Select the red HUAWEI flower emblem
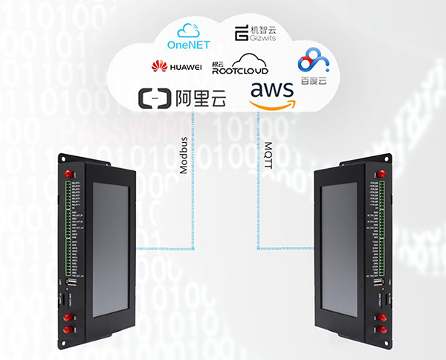pyautogui.click(x=158, y=68)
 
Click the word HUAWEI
pyautogui.click(x=186, y=68)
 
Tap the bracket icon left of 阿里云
pyautogui.click(x=155, y=98)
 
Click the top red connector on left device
pyautogui.click(x=68, y=174)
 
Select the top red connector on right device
pyautogui.click(x=381, y=174)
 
